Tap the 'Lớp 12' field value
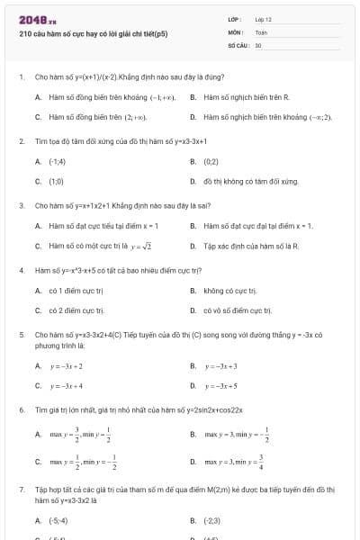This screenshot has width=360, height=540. pyautogui.click(x=263, y=19)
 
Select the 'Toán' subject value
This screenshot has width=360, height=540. pyautogui.click(x=260, y=31)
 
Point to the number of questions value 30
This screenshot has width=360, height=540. pyautogui.click(x=258, y=43)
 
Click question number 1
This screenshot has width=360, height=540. pyautogui.click(x=21, y=77)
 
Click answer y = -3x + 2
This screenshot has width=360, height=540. pyautogui.click(x=67, y=366)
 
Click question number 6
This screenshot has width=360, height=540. pyautogui.click(x=21, y=409)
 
